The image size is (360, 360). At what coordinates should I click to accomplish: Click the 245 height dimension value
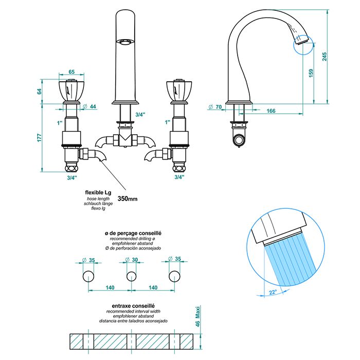[325, 57]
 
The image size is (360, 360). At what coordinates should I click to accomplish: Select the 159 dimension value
[310, 74]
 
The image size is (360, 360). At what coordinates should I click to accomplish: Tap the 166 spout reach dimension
[272, 111]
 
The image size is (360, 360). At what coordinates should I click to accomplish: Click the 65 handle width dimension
[71, 73]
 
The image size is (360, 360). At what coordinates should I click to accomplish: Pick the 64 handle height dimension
[39, 92]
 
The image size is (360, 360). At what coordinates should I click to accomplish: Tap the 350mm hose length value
[128, 198]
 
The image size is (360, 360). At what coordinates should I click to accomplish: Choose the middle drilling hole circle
[131, 277]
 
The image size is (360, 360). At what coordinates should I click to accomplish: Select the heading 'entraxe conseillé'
[133, 306]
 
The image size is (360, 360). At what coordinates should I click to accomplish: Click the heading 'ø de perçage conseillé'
[133, 233]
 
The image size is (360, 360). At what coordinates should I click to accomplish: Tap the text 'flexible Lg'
[98, 192]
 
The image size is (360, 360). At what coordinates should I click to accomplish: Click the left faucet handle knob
[71, 92]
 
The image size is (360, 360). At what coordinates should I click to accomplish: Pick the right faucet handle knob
[178, 92]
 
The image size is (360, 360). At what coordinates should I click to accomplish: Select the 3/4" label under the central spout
[140, 114]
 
